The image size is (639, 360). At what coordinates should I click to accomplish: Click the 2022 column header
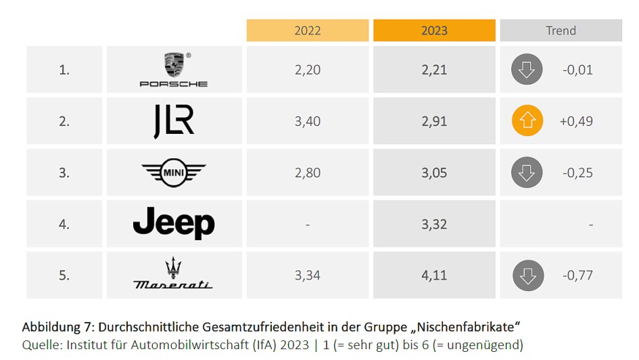click(x=307, y=30)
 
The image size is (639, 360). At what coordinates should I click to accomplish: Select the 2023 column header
click(x=434, y=30)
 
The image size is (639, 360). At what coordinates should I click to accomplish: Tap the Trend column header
click(x=561, y=30)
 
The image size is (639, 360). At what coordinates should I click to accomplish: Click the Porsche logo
click(x=174, y=70)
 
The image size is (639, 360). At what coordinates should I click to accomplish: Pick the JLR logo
click(x=174, y=121)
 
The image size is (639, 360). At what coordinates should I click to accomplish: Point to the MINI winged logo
click(x=174, y=173)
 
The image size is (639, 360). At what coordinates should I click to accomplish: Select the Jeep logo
click(x=174, y=223)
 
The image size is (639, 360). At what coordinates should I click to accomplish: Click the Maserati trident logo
click(x=174, y=275)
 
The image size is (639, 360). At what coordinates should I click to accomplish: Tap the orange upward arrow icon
click(x=527, y=121)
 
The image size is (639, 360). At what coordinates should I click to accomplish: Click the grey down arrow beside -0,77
click(x=527, y=275)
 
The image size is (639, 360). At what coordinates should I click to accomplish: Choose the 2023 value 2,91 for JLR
click(x=434, y=121)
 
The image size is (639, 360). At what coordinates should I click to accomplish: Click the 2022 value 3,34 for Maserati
click(x=307, y=275)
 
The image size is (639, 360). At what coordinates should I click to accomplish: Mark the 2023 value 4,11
click(x=434, y=275)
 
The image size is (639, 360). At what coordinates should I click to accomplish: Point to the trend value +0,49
click(x=576, y=121)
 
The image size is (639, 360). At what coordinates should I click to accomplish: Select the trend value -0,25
click(x=577, y=173)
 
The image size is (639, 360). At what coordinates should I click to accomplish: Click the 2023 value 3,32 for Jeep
click(x=434, y=224)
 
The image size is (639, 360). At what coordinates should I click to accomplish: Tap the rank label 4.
click(x=64, y=224)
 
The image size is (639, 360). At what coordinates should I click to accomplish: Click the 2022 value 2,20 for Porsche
click(x=307, y=70)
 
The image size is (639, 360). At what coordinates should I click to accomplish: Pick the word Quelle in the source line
click(x=41, y=344)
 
